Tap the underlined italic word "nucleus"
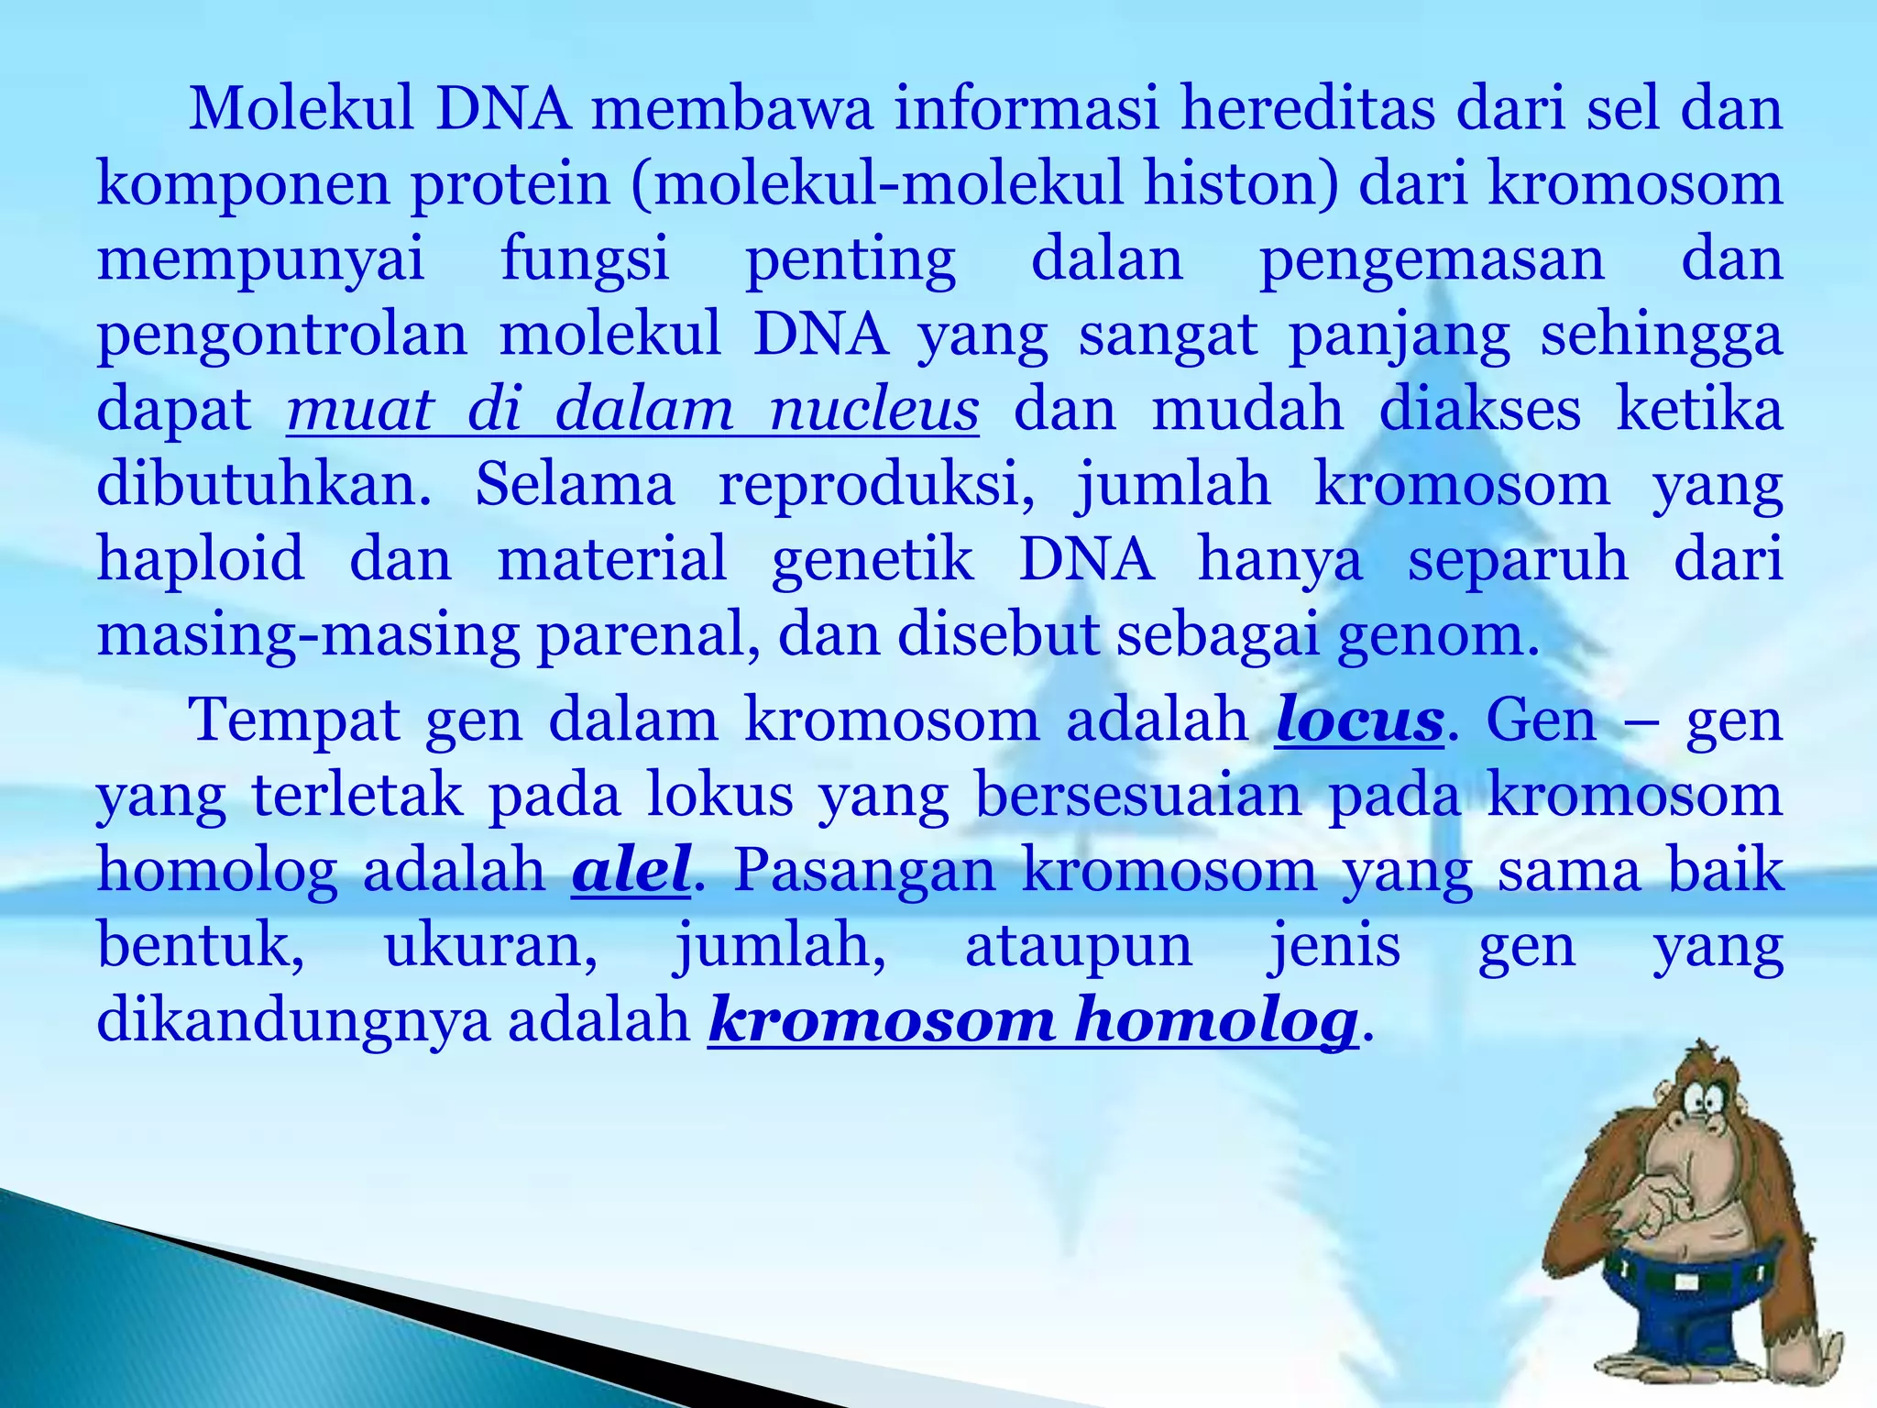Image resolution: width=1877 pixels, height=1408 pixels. coord(873,409)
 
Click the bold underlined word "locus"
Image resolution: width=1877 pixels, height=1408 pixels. coord(1359,720)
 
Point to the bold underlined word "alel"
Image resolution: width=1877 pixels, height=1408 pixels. coord(631,870)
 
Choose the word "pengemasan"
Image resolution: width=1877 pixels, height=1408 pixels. coord(1432,259)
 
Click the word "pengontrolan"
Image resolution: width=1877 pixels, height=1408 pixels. coord(282,335)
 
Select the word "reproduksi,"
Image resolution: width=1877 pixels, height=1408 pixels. coord(876,484)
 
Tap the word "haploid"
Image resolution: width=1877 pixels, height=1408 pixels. coord(201,559)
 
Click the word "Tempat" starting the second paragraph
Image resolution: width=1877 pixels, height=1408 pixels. coord(294,720)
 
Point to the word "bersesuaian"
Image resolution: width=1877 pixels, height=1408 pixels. coord(1137,795)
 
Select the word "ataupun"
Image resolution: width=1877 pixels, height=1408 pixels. coord(1079,945)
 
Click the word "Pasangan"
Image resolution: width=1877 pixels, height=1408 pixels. coord(864,870)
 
